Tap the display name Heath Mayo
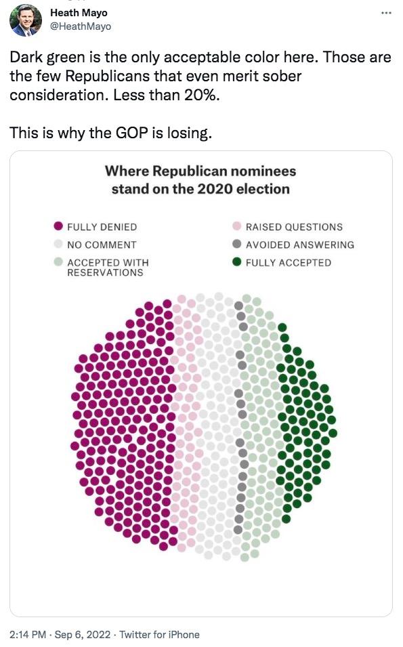pyautogui.click(x=79, y=13)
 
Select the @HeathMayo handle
pyautogui.click(x=81, y=26)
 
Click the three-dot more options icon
pyautogui.click(x=385, y=14)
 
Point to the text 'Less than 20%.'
pyautogui.click(x=177, y=94)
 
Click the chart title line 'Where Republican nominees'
pyautogui.click(x=200, y=171)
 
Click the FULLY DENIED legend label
pyautogui.click(x=102, y=227)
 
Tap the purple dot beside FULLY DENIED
pyautogui.click(x=58, y=227)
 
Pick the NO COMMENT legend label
pyautogui.click(x=102, y=245)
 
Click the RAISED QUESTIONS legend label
pyautogui.click(x=294, y=227)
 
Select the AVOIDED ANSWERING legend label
pyautogui.click(x=299, y=245)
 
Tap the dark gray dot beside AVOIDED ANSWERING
pyautogui.click(x=236, y=245)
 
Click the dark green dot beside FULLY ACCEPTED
pyautogui.click(x=236, y=262)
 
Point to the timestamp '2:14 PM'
pyautogui.click(x=28, y=634)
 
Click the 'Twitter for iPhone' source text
pyautogui.click(x=160, y=634)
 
